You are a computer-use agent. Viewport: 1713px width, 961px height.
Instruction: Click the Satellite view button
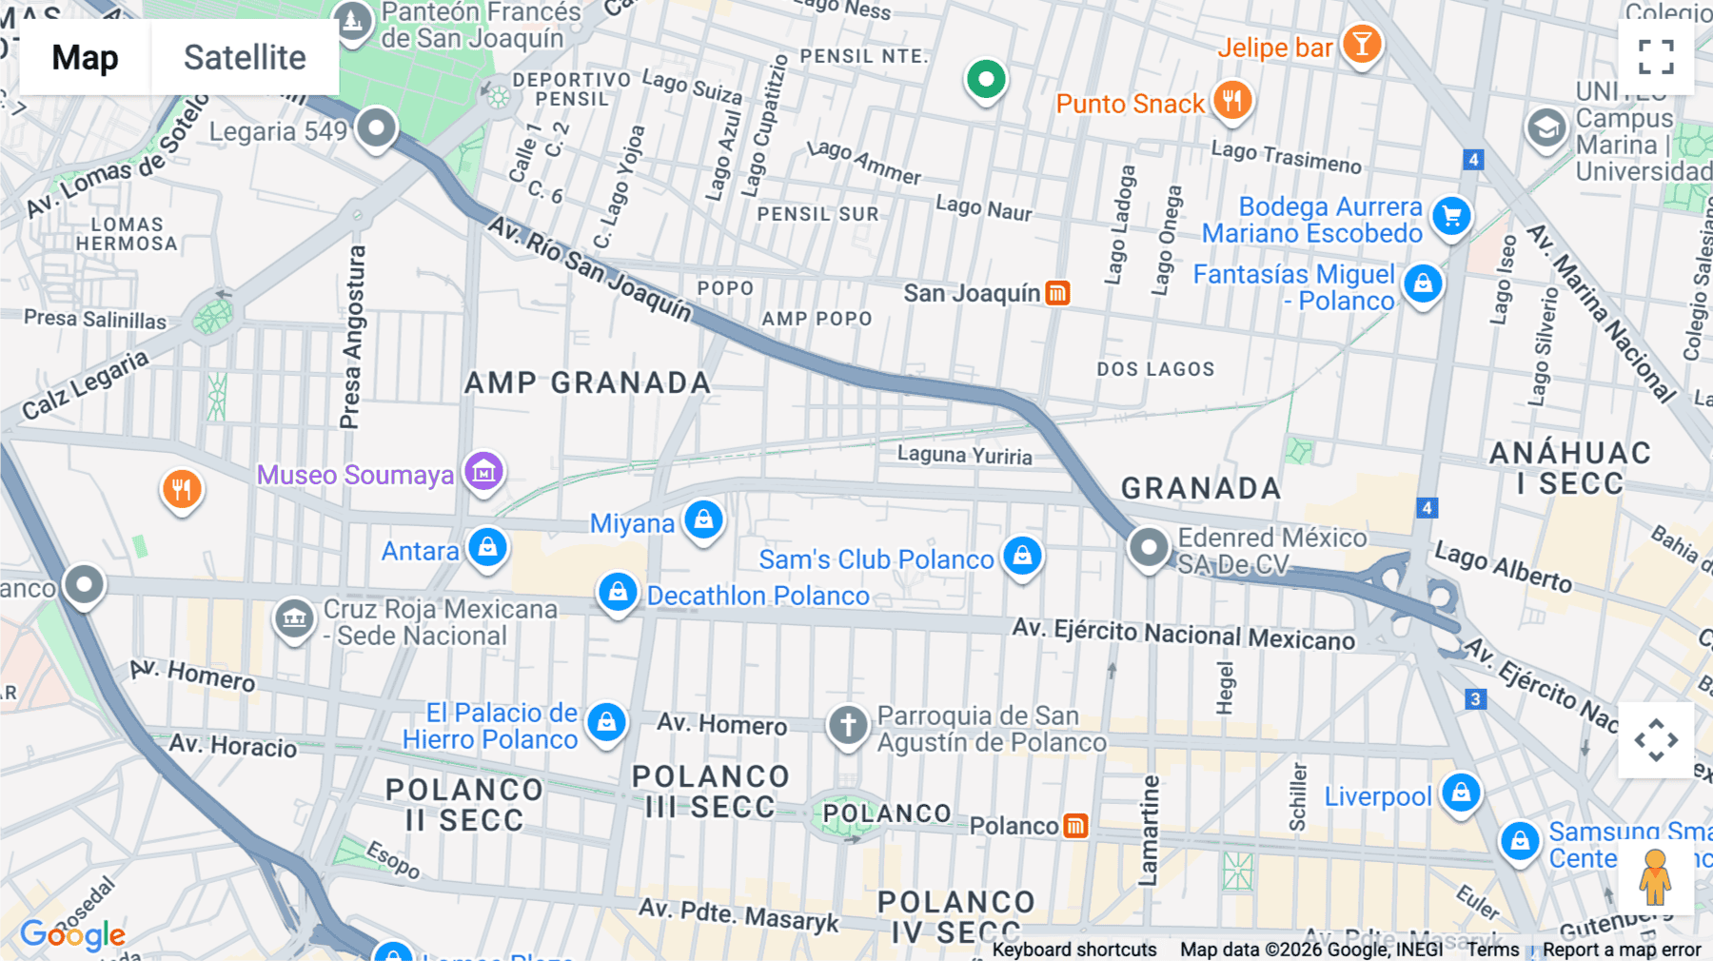(x=245, y=58)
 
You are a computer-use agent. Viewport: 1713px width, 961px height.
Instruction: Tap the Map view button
(x=86, y=58)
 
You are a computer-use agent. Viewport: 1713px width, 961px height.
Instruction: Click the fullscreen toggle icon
(x=1656, y=56)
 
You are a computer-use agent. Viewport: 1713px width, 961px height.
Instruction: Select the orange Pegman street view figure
(x=1655, y=877)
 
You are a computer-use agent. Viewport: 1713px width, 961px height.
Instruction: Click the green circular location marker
(x=986, y=80)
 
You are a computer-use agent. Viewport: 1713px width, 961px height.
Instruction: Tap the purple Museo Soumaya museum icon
(x=483, y=471)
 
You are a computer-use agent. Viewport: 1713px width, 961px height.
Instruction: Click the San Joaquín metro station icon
(x=1057, y=293)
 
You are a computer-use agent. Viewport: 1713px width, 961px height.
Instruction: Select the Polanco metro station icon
(x=1075, y=826)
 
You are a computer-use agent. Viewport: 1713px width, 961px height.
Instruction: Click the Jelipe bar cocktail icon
(x=1362, y=44)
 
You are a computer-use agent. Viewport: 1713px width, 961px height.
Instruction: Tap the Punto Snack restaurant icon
(x=1231, y=100)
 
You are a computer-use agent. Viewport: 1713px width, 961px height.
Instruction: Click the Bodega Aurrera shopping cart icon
(x=1451, y=216)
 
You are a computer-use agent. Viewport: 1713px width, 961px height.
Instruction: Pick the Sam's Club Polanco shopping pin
(x=1022, y=556)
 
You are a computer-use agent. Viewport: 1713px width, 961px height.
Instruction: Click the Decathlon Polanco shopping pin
(x=618, y=593)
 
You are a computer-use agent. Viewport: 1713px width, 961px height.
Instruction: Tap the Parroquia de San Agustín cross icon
(x=848, y=725)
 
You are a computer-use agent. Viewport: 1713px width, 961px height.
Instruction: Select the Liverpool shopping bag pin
(x=1461, y=793)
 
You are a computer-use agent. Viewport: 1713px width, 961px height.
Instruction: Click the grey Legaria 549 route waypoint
(x=376, y=127)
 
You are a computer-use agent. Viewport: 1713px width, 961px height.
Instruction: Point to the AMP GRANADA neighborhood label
(x=587, y=382)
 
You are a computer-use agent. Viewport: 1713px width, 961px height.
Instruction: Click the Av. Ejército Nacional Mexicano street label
(x=1183, y=634)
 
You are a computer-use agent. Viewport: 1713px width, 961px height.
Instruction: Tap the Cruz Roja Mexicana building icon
(x=294, y=618)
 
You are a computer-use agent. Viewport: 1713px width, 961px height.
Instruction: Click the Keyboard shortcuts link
(x=1073, y=950)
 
